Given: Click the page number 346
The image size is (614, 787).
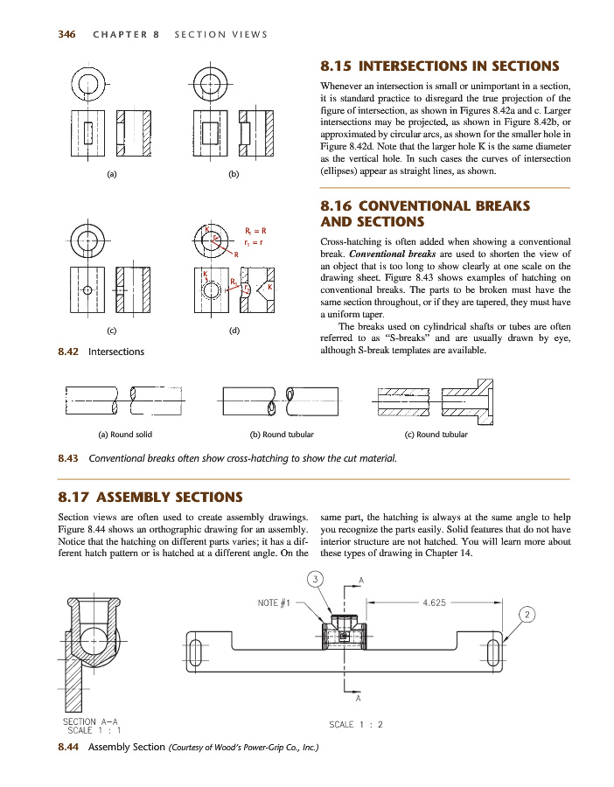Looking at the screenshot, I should [66, 35].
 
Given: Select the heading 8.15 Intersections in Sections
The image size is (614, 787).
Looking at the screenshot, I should [440, 66].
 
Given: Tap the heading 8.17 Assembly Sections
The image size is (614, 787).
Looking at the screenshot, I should [150, 498].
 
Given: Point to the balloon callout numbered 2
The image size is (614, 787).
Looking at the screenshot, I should [527, 614].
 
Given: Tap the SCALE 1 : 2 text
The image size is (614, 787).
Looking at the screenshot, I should [356, 724].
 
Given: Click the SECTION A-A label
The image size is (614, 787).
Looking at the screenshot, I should [92, 721].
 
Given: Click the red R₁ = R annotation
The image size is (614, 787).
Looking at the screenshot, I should [255, 230].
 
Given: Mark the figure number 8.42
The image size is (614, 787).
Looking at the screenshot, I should [67, 352].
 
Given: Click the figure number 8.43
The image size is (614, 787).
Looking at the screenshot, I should [67, 457].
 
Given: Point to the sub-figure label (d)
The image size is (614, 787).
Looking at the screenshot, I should [234, 331].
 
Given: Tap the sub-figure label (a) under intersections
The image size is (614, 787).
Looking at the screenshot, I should [112, 174].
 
